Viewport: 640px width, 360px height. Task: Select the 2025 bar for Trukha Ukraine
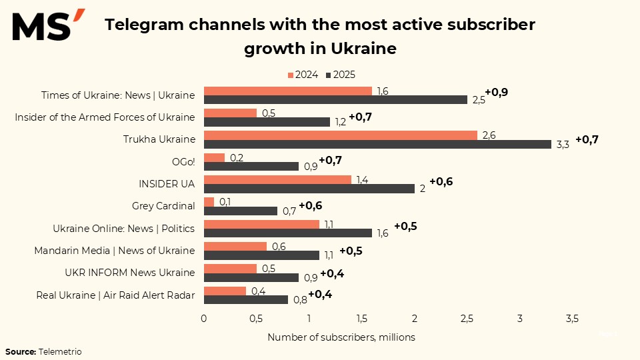[377, 144]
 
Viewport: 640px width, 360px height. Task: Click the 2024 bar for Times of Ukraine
[287, 91]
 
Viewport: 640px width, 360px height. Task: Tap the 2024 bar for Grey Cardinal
[209, 202]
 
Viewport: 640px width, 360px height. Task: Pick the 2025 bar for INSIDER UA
[309, 189]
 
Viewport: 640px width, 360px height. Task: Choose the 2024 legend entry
[303, 75]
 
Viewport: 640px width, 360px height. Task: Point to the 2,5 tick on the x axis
[467, 319]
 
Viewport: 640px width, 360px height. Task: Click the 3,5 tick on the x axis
[572, 319]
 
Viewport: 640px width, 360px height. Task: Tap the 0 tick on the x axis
[204, 319]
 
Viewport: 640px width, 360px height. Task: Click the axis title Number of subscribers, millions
[341, 337]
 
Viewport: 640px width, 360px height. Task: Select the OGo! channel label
[183, 162]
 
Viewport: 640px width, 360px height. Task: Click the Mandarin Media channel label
[115, 251]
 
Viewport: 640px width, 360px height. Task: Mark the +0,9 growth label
[496, 92]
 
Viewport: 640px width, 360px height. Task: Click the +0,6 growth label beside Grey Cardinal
[310, 205]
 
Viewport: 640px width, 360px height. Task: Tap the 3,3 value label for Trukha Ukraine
[562, 145]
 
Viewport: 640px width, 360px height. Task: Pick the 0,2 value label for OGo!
[237, 157]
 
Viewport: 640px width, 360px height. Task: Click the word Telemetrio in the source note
[60, 351]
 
